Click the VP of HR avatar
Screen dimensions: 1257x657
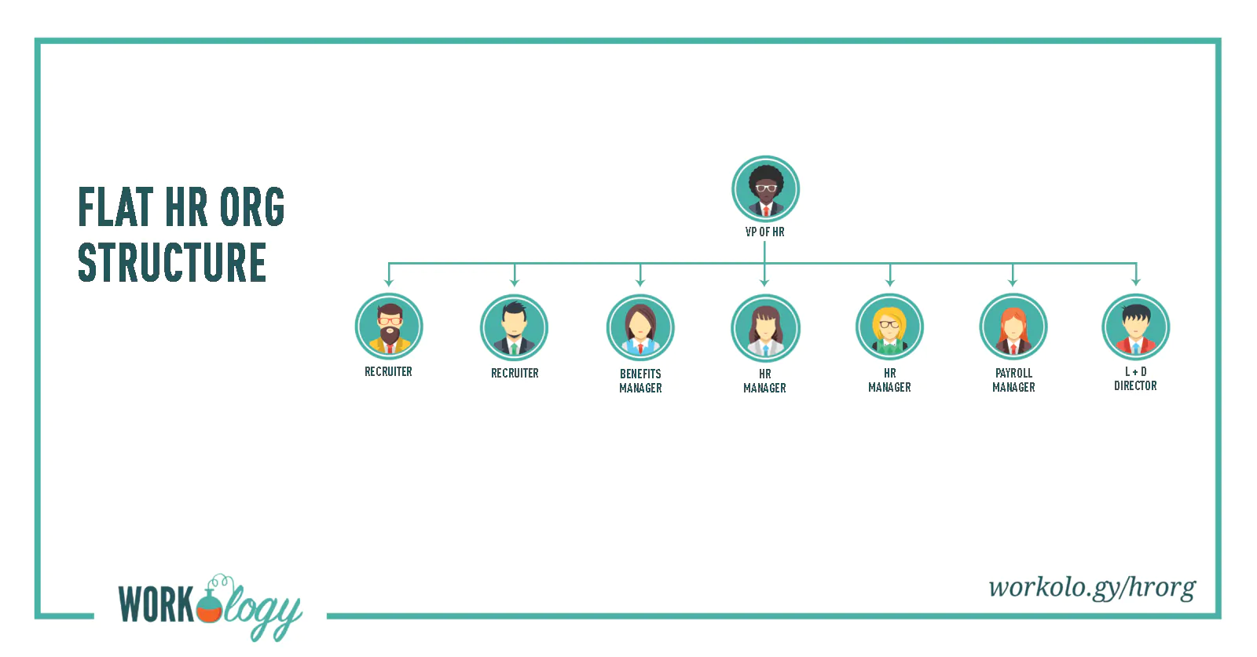tap(765, 189)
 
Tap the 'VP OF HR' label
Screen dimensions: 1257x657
tap(765, 232)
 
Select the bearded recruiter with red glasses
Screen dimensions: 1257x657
tap(389, 327)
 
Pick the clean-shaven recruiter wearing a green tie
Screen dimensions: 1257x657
tap(514, 328)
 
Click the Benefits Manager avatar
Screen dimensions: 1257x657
tap(640, 328)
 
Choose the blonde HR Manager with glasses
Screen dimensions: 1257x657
tap(889, 327)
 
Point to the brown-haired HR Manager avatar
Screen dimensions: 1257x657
tap(765, 328)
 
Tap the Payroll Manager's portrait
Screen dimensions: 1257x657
tap(1013, 327)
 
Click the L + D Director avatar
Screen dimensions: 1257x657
tap(1136, 327)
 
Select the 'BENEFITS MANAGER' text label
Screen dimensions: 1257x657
tap(640, 381)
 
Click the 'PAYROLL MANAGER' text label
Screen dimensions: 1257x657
tap(1013, 380)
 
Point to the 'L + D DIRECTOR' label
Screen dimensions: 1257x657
tap(1135, 379)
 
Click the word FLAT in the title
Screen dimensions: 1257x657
tap(115, 207)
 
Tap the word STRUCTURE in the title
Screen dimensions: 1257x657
tap(172, 262)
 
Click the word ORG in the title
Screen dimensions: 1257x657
tap(252, 207)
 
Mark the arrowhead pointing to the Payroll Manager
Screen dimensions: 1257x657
tap(1013, 283)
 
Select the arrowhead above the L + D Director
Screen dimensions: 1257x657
tap(1136, 282)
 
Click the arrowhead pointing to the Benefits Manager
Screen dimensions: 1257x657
tap(640, 283)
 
